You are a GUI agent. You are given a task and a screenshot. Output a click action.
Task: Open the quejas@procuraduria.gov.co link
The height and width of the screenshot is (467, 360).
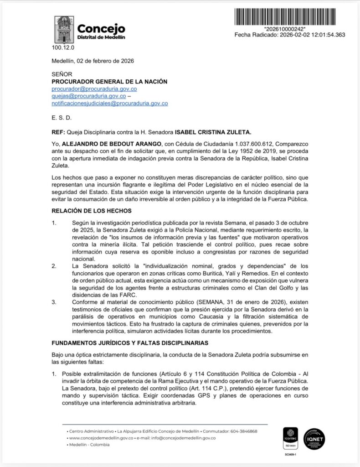88,96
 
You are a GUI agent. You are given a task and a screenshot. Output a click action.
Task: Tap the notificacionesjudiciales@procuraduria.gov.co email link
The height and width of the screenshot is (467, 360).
109,104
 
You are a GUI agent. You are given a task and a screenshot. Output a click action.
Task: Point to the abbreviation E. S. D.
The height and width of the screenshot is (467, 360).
62,118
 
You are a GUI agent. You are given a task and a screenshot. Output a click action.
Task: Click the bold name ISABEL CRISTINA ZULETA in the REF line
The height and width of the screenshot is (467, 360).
212,132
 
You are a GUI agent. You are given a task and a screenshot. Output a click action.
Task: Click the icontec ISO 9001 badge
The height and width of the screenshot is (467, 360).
290,440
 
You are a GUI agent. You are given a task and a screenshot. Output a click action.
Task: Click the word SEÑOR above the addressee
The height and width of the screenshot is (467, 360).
62,74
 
